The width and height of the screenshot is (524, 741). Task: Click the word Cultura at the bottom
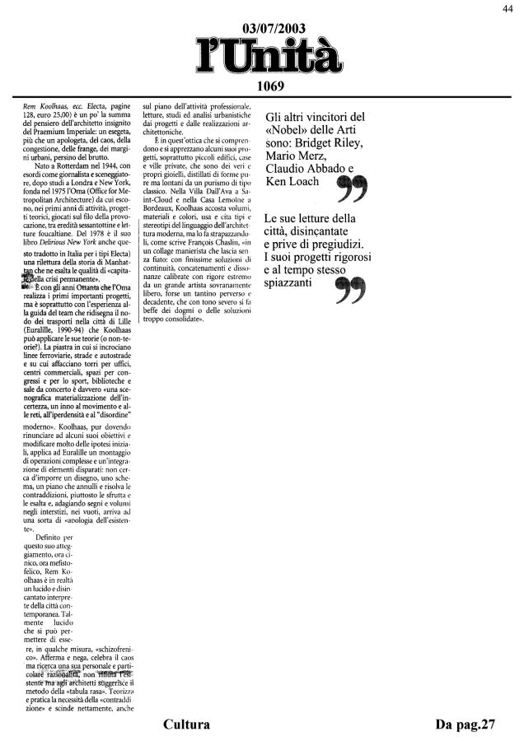(x=187, y=725)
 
